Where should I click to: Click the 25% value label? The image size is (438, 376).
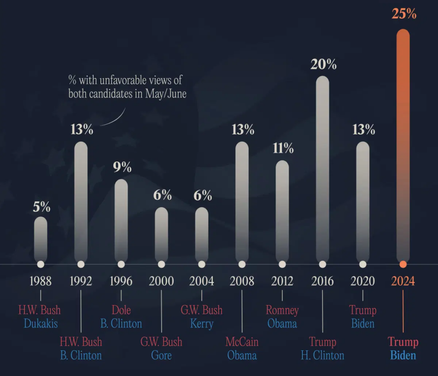pyautogui.click(x=404, y=14)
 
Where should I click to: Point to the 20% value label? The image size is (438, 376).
pyautogui.click(x=323, y=65)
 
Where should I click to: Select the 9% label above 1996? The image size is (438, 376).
pyautogui.click(x=122, y=167)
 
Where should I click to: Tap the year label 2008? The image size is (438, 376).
pyautogui.click(x=242, y=281)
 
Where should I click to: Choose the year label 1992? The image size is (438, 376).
pyautogui.click(x=81, y=281)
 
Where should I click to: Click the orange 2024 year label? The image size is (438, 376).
pyautogui.click(x=403, y=281)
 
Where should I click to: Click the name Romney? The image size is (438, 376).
pyautogui.click(x=282, y=310)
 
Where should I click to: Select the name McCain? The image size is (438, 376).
pyautogui.click(x=242, y=342)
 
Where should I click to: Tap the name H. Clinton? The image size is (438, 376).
pyautogui.click(x=323, y=355)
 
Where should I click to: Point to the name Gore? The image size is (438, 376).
pyautogui.click(x=161, y=355)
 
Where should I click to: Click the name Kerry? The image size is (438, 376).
pyautogui.click(x=201, y=323)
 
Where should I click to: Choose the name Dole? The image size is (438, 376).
pyautogui.click(x=121, y=310)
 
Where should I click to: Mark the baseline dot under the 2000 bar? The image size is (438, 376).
pyautogui.click(x=161, y=264)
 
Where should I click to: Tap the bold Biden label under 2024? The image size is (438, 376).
pyautogui.click(x=403, y=355)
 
